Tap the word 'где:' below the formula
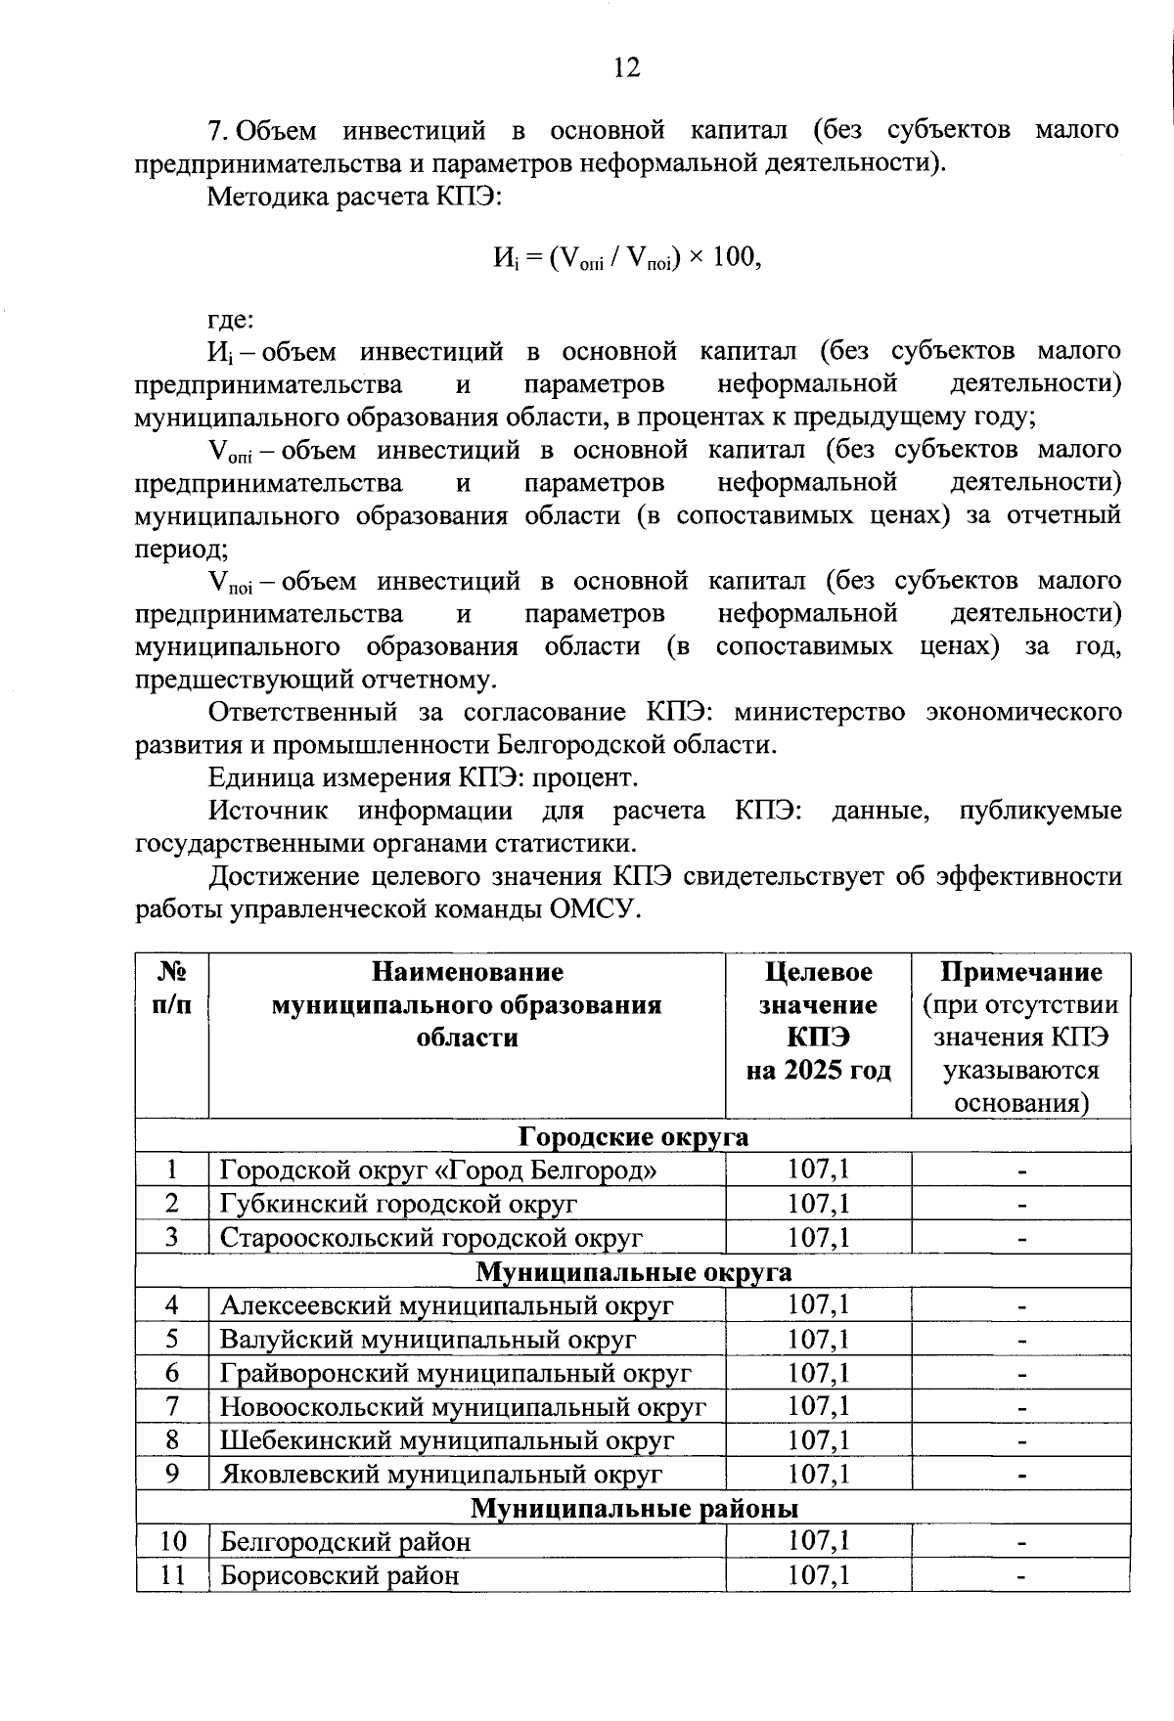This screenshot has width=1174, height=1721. tap(231, 319)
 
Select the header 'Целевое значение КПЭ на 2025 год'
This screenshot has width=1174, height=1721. tap(818, 1021)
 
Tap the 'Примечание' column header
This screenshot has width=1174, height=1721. tap(1020, 972)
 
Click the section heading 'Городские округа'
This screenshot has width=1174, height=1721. tap(633, 1136)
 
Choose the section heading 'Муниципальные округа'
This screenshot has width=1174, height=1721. tap(633, 1271)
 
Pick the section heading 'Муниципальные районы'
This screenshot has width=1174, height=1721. tap(633, 1508)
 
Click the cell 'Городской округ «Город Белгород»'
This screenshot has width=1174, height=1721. tap(438, 1169)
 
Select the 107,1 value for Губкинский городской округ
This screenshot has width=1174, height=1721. tap(818, 1204)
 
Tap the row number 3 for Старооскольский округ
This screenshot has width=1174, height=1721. tap(172, 1237)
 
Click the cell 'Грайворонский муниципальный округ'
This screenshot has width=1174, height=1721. tap(456, 1373)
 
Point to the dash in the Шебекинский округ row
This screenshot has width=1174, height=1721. tap(1020, 1440)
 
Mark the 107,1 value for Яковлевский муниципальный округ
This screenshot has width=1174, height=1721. tap(818, 1474)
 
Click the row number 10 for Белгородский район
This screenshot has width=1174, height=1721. tap(172, 1542)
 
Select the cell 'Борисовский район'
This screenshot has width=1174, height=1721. tap(339, 1575)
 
